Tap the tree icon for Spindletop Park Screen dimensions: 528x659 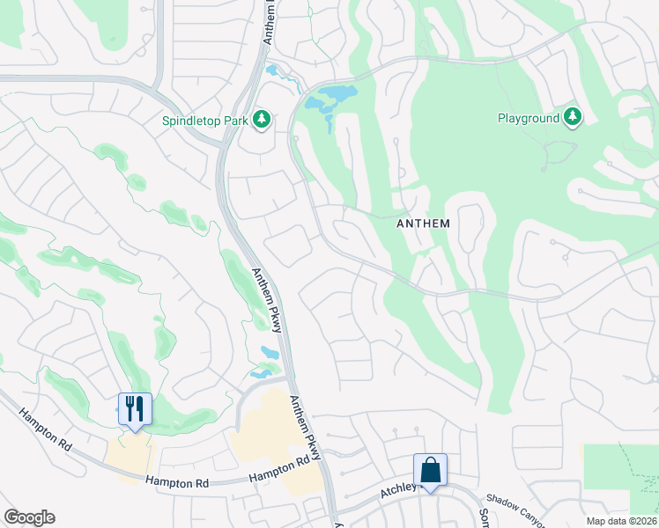pos(261,119)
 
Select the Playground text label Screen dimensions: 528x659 pos(528,118)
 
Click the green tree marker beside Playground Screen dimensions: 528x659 pos(573,117)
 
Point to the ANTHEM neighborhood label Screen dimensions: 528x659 pos(423,224)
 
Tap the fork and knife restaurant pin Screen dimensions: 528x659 pos(135,409)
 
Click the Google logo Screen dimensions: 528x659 pos(29,517)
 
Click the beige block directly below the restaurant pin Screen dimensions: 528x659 pos(129,453)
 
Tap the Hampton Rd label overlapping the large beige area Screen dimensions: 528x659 pos(281,469)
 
